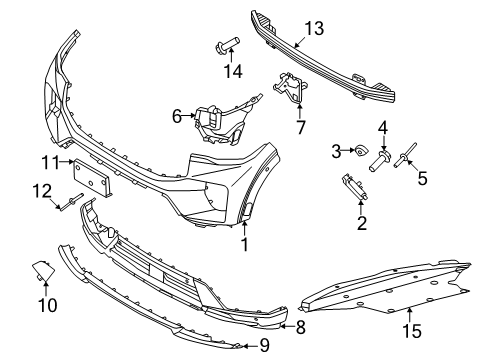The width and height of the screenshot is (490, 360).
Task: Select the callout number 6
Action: click(177, 116)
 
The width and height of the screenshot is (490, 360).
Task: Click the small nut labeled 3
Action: click(357, 152)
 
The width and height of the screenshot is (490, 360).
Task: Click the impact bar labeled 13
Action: click(330, 60)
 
